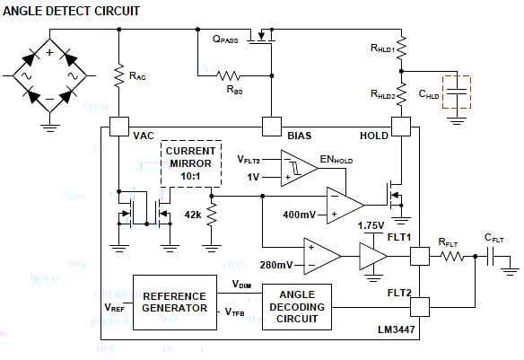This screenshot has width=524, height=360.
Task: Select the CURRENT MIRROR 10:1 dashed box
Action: coord(190,162)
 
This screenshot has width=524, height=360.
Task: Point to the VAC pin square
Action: coord(118,128)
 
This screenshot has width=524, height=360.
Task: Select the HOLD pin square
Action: coord(402,128)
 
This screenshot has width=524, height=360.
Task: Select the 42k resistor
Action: coord(212,215)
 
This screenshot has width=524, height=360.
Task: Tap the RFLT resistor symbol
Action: coord(450,256)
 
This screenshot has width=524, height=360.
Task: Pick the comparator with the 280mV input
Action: coord(321,257)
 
